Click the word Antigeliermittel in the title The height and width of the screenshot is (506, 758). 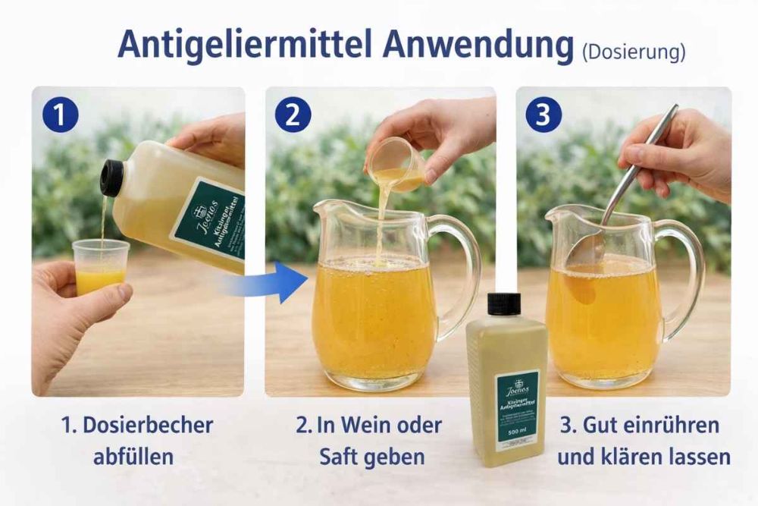click(244, 46)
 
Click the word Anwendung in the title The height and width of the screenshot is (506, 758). click(478, 46)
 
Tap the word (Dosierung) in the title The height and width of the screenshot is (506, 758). click(633, 52)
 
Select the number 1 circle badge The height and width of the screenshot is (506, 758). click(61, 115)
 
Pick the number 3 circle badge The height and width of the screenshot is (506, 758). click(543, 115)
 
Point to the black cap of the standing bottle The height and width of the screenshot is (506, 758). click(503, 303)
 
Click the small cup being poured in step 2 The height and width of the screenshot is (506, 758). click(396, 164)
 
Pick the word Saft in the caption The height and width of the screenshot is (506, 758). click(340, 457)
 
